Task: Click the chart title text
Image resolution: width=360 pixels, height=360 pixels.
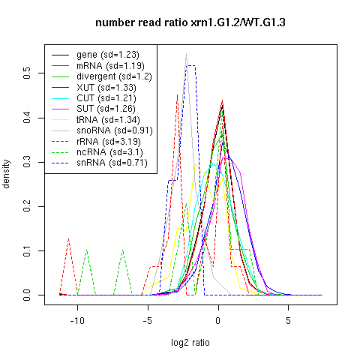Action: (190, 22)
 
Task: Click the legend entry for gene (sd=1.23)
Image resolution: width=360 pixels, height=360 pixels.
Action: (108, 55)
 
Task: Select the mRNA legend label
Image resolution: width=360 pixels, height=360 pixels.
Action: (110, 66)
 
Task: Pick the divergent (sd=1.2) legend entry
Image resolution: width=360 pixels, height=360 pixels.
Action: (114, 76)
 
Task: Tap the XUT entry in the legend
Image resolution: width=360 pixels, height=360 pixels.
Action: (106, 88)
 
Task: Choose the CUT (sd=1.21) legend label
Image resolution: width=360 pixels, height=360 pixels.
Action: (106, 98)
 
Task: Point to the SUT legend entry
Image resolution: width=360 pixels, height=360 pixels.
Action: (106, 109)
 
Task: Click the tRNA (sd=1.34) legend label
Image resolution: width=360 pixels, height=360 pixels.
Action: (108, 120)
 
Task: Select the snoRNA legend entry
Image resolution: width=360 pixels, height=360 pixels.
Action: (115, 130)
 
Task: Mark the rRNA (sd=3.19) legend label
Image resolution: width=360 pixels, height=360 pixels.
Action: (109, 142)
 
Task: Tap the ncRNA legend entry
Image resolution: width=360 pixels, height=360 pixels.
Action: (109, 152)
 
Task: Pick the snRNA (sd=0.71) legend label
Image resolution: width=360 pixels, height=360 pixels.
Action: (112, 163)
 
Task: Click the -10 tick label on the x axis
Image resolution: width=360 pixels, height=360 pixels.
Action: (77, 320)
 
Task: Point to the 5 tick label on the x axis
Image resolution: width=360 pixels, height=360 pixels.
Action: (288, 320)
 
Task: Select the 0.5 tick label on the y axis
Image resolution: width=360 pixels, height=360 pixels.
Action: (27, 73)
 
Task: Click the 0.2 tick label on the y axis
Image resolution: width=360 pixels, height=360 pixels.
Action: (27, 206)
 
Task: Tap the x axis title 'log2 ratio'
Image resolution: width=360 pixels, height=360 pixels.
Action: (190, 343)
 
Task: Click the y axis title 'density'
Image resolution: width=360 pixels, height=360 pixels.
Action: (6, 174)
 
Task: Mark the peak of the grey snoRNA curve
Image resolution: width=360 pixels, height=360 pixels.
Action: (186, 53)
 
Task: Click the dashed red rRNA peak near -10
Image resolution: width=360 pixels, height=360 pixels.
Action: (68, 238)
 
